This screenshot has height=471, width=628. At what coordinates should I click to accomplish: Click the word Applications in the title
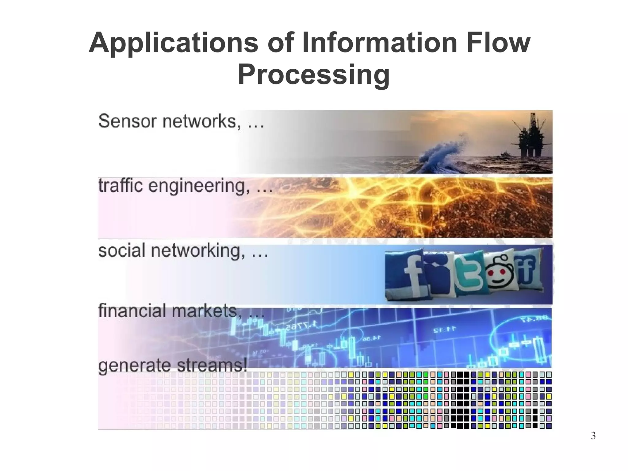click(174, 43)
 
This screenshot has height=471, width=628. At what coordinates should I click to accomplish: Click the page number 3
click(593, 436)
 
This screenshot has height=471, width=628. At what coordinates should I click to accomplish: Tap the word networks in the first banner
click(199, 121)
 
